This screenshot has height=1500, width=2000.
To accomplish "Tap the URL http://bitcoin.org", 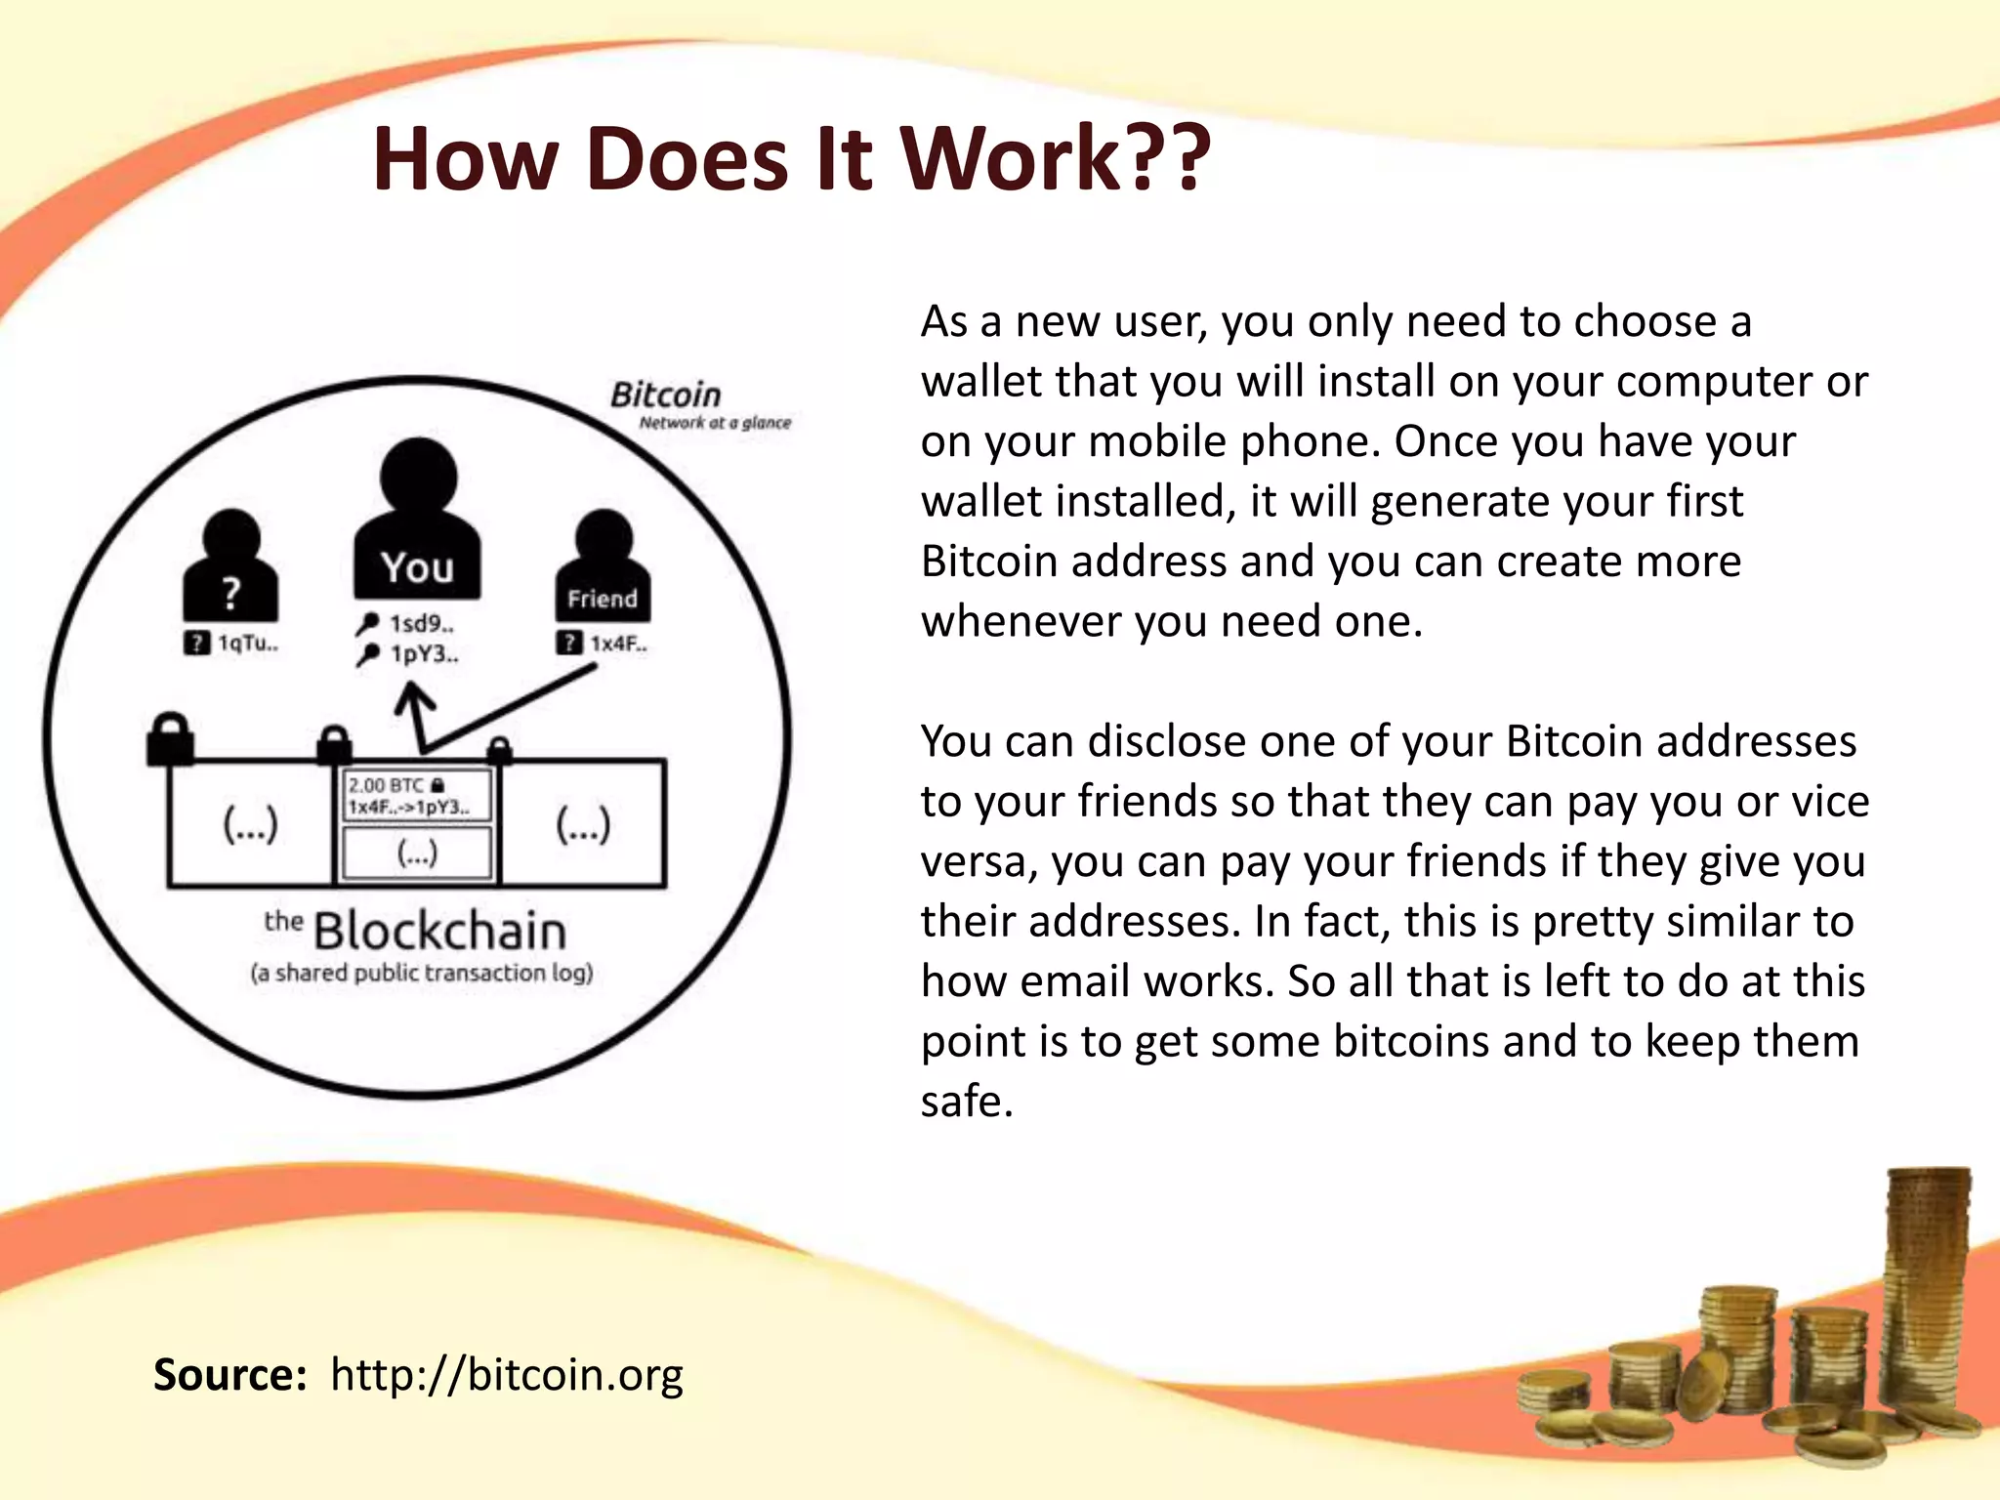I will coord(506,1375).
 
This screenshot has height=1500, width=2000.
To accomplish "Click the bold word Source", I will coord(229,1375).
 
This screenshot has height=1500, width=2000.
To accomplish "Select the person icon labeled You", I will coord(417,522).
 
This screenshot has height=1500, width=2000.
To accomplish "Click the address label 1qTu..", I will coord(247,643).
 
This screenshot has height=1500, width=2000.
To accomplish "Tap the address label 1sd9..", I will coord(421,623).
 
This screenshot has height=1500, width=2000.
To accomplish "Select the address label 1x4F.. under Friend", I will coord(617,644).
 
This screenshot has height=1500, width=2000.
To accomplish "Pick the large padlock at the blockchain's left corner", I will coord(170,739).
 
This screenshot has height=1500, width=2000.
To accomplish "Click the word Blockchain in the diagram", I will coord(439,931).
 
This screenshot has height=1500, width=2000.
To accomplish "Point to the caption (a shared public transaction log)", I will coord(422,974).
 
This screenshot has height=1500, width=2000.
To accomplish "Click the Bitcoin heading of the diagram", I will coord(666,395).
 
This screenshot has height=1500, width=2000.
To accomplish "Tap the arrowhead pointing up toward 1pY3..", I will coord(414,695).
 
